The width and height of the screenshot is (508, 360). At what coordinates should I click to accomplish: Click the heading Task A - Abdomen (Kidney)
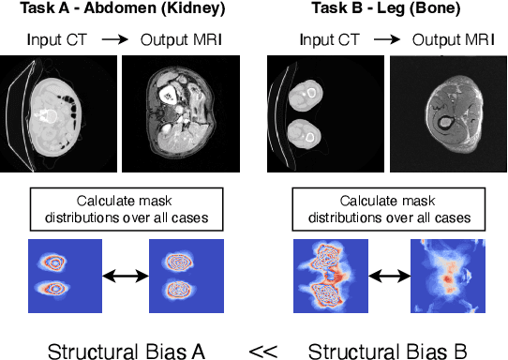point(120,10)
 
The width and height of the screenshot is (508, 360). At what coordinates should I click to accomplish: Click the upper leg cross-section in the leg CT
point(306,94)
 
